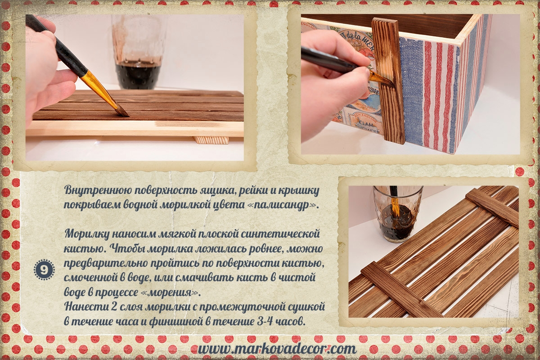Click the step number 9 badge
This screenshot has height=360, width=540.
(44, 270)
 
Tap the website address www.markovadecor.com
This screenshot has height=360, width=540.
(277, 349)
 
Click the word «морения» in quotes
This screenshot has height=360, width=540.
(170, 292)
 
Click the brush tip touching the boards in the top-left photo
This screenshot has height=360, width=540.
(123, 112)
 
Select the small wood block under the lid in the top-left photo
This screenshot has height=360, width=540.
(211, 140)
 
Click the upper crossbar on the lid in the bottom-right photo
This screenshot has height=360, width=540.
(491, 207)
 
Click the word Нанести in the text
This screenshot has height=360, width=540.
(85, 307)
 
